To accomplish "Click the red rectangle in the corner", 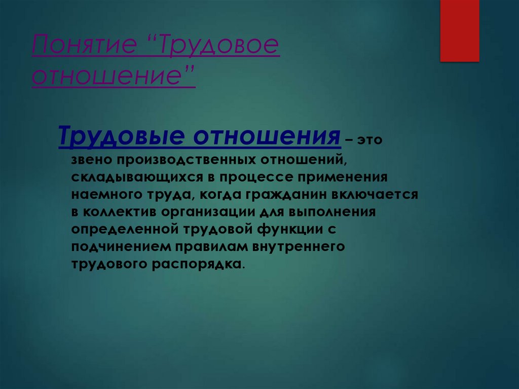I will [459, 30].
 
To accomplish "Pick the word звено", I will [91, 160].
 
